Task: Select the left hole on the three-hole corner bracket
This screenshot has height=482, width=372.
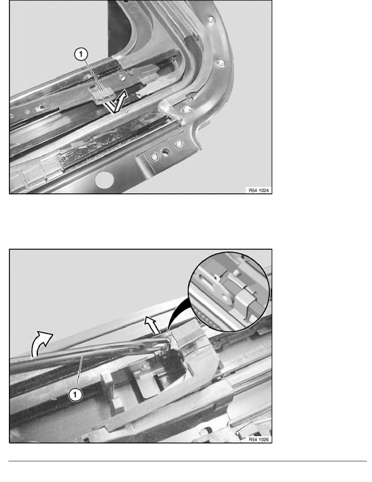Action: click(154, 155)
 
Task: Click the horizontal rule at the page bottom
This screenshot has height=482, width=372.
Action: click(186, 461)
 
